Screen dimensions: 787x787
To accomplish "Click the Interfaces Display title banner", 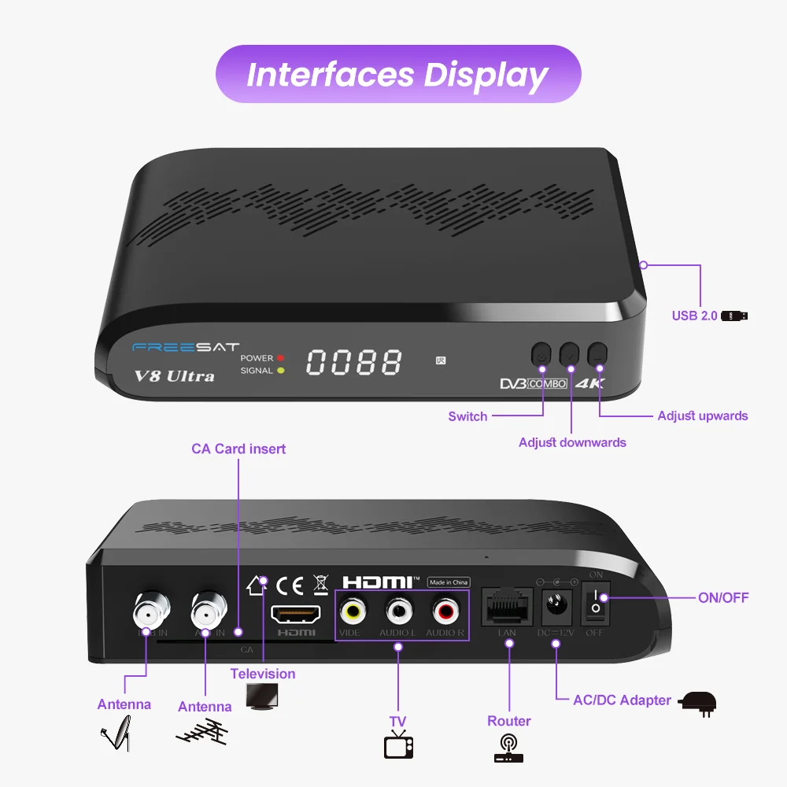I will tap(397, 74).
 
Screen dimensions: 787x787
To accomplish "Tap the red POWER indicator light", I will tap(280, 358).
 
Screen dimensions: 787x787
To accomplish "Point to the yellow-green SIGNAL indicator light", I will tap(280, 371).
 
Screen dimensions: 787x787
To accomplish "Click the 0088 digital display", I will tap(353, 363).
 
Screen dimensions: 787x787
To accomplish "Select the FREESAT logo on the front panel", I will tap(186, 347).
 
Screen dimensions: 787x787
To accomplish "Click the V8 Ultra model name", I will tap(174, 375).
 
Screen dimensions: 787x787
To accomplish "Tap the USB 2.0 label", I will tap(694, 316).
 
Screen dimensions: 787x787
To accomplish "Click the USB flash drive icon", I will tap(734, 316).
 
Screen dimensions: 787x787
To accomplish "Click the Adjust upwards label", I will tap(702, 416).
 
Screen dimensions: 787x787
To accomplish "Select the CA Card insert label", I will tap(238, 449).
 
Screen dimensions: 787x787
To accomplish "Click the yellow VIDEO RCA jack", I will tap(353, 610).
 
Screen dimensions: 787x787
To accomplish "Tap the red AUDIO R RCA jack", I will tap(445, 610).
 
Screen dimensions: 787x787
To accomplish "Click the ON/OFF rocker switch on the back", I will tap(596, 603).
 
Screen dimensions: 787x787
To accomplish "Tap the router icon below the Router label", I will tap(508, 748).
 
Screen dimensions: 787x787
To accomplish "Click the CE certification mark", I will tap(290, 585).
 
